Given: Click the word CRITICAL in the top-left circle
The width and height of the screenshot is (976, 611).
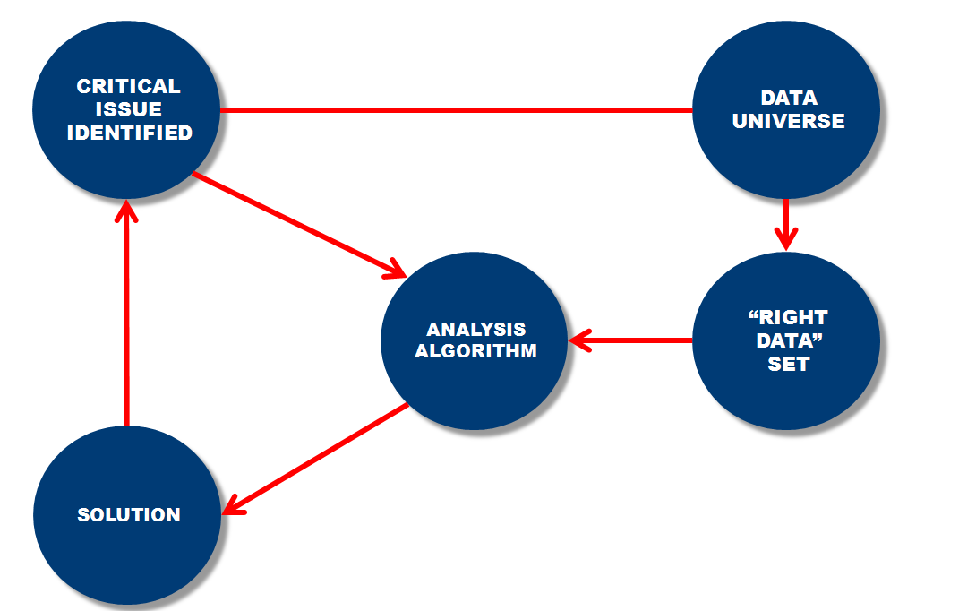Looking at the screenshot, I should pyautogui.click(x=128, y=87).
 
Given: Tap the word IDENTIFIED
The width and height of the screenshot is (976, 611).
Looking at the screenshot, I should pyautogui.click(x=129, y=133).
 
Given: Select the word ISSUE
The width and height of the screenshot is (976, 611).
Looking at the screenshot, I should pyautogui.click(x=129, y=110).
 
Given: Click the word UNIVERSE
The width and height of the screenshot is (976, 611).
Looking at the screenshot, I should pyautogui.click(x=788, y=122).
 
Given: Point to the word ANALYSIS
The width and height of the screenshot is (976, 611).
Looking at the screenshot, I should pyautogui.click(x=475, y=330).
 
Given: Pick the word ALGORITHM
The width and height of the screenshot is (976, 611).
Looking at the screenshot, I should pyautogui.click(x=475, y=351).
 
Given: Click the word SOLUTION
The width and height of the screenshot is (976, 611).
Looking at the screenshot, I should pyautogui.click(x=129, y=515).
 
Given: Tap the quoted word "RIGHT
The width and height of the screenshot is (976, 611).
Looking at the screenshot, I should pyautogui.click(x=788, y=318).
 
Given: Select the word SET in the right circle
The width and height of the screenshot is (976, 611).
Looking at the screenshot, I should pyautogui.click(x=788, y=365).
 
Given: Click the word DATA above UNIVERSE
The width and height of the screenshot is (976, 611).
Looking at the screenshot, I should pyautogui.click(x=788, y=99).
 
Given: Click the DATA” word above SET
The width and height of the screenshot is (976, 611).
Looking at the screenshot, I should pyautogui.click(x=788, y=341).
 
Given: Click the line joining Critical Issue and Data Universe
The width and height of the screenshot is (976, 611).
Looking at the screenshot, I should pyautogui.click(x=457, y=110).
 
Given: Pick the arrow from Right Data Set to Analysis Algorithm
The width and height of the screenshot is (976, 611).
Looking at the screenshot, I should pyautogui.click(x=631, y=340).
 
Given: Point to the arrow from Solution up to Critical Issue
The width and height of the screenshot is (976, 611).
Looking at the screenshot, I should pyautogui.click(x=127, y=314).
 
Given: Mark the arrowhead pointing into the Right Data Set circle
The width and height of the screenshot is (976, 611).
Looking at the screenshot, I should pyautogui.click(x=786, y=239).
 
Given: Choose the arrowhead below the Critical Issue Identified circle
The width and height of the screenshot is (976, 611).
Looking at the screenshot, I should pyautogui.click(x=127, y=212).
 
